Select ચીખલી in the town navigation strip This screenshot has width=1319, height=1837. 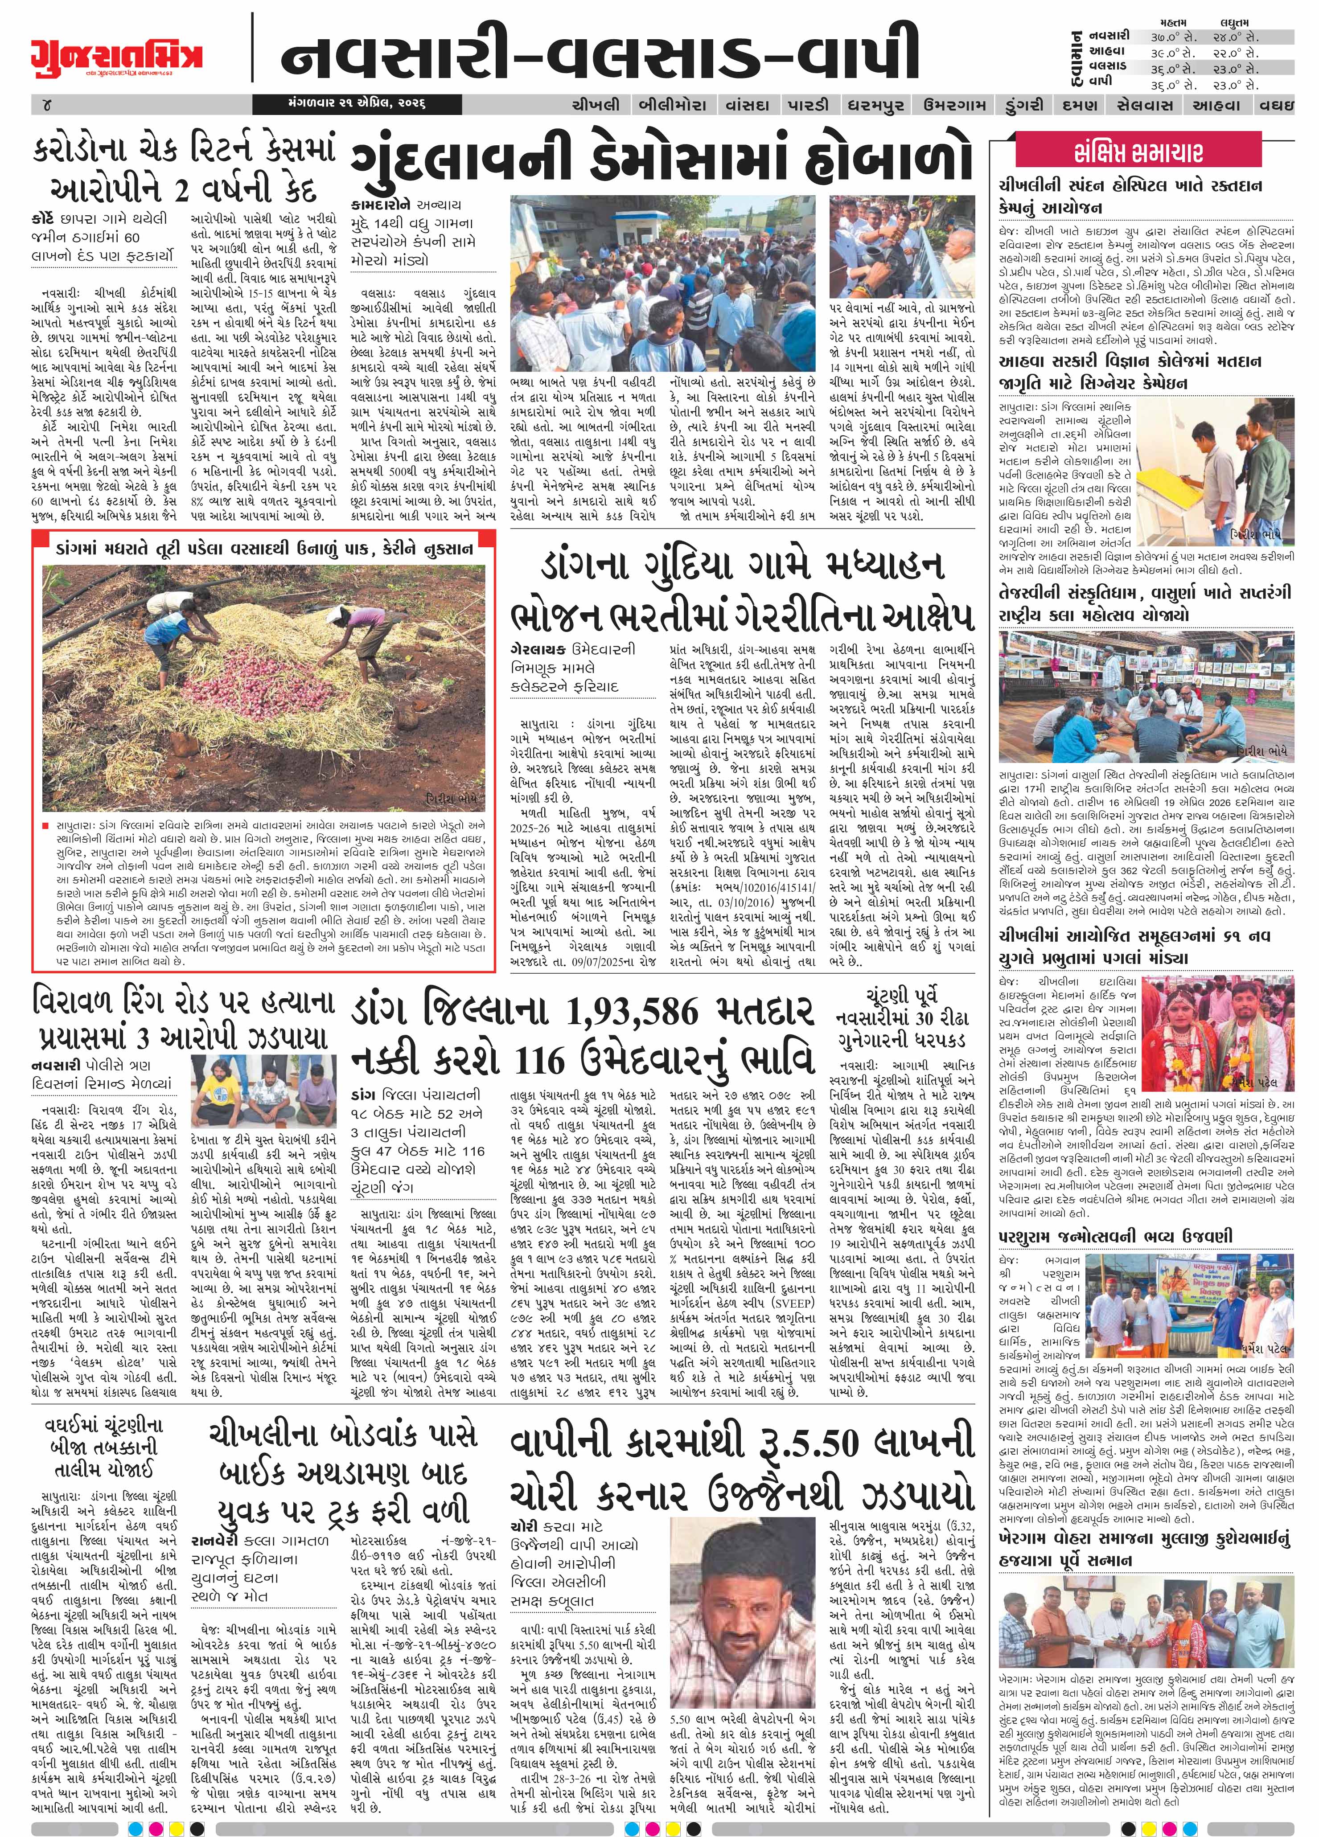(x=596, y=105)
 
